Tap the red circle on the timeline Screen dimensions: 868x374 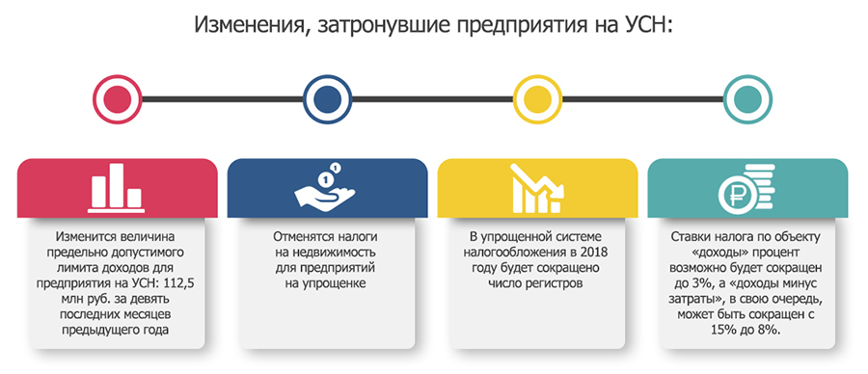click(x=118, y=99)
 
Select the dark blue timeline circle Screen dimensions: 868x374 click(x=328, y=99)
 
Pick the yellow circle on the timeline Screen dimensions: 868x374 click(x=538, y=99)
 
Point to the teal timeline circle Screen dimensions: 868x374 click(x=748, y=99)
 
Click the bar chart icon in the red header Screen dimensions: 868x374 click(x=117, y=188)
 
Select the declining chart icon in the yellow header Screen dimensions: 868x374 click(x=537, y=188)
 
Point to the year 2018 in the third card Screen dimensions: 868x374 click(x=594, y=253)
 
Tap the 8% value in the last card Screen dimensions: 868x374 click(x=771, y=330)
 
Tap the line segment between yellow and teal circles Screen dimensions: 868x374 click(x=643, y=99)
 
